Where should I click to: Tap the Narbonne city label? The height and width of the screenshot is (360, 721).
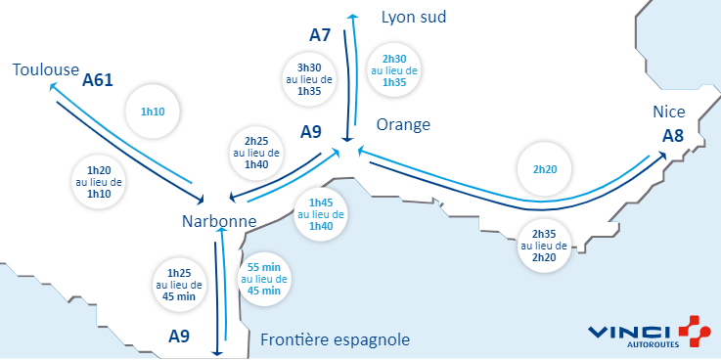pyautogui.click(x=218, y=222)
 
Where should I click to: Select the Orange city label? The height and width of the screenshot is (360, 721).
pyautogui.click(x=403, y=125)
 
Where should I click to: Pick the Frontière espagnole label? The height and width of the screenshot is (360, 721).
pyautogui.click(x=335, y=339)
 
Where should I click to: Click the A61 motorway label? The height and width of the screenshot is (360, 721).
pyautogui.click(x=99, y=80)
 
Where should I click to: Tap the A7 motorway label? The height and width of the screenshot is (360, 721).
pyautogui.click(x=321, y=35)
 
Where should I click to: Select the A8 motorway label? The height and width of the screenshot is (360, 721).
pyautogui.click(x=672, y=135)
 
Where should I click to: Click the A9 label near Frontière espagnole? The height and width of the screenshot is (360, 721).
pyautogui.click(x=179, y=337)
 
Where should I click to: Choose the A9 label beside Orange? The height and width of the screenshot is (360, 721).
pyautogui.click(x=311, y=132)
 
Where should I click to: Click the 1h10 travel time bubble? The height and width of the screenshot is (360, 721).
pyautogui.click(x=154, y=112)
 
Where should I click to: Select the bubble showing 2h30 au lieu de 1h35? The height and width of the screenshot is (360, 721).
pyautogui.click(x=394, y=70)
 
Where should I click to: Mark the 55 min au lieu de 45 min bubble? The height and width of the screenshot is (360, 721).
pyautogui.click(x=264, y=279)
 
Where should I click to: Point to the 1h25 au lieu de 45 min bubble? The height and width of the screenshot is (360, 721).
pyautogui.click(x=179, y=279)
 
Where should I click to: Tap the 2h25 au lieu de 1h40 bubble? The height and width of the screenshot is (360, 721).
pyautogui.click(x=256, y=153)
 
